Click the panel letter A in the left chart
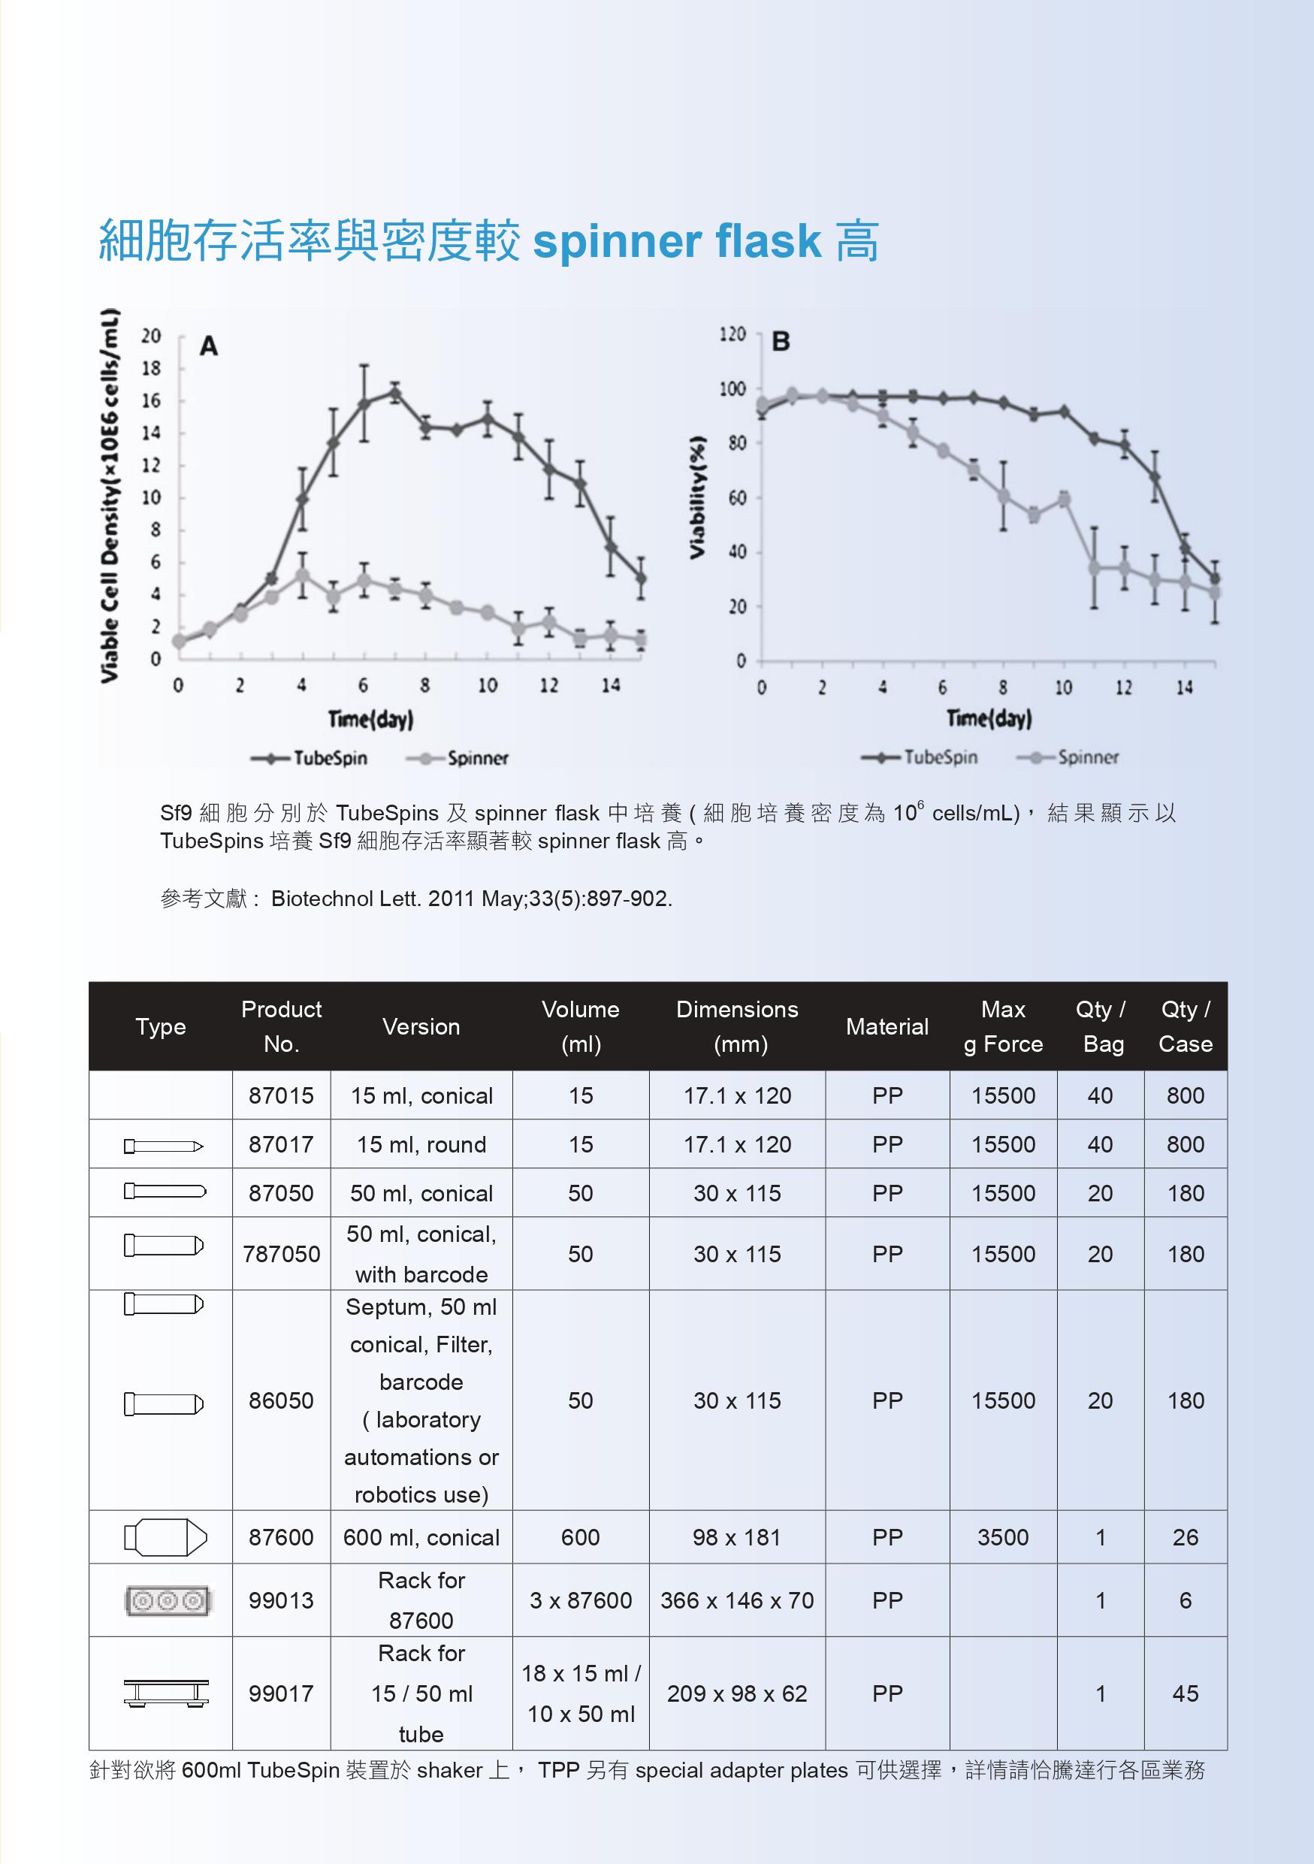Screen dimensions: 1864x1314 209,346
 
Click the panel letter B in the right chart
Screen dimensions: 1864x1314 781,342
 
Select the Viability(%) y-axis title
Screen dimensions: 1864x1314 696,497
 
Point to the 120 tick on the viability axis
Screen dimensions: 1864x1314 732,334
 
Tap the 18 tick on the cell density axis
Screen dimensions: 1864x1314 152,369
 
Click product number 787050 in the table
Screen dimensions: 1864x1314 281,1254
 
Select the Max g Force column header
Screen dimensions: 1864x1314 1003,1026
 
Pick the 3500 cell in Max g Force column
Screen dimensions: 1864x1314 1003,1537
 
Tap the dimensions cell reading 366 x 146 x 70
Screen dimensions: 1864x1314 737,1600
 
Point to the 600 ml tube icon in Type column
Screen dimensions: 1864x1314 165,1537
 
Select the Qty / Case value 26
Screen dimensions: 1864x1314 1185,1537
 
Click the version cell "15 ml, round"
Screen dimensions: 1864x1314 421,1145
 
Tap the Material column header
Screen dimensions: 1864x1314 887,1027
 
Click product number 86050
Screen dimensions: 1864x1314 281,1400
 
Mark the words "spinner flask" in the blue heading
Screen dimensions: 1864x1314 677,241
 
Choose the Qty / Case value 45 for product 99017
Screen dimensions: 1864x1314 1185,1693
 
